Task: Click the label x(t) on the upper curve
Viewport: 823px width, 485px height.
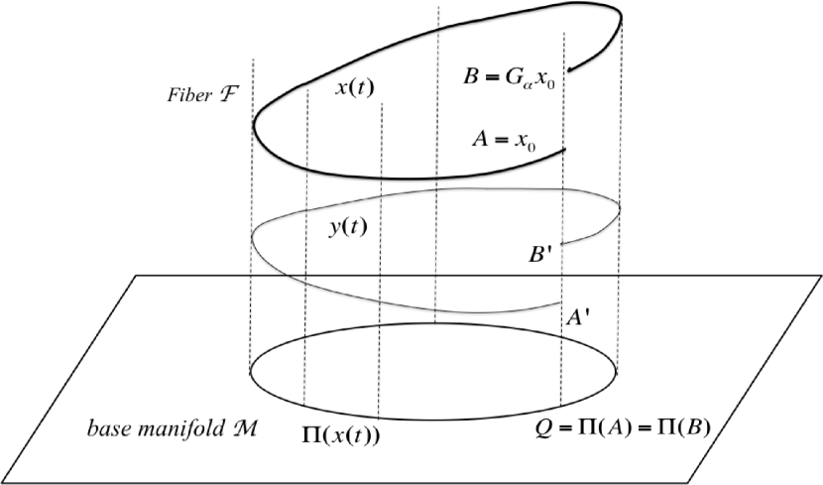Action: (x=354, y=88)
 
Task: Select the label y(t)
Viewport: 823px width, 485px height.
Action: (x=348, y=226)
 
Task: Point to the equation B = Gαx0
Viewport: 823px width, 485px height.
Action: (x=516, y=76)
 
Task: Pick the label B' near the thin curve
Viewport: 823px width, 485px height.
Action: (x=542, y=255)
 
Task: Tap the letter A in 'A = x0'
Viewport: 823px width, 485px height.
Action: (x=480, y=140)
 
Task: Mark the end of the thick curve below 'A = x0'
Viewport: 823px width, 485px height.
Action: (x=565, y=150)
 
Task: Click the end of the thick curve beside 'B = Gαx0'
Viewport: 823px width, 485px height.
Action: (x=571, y=69)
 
